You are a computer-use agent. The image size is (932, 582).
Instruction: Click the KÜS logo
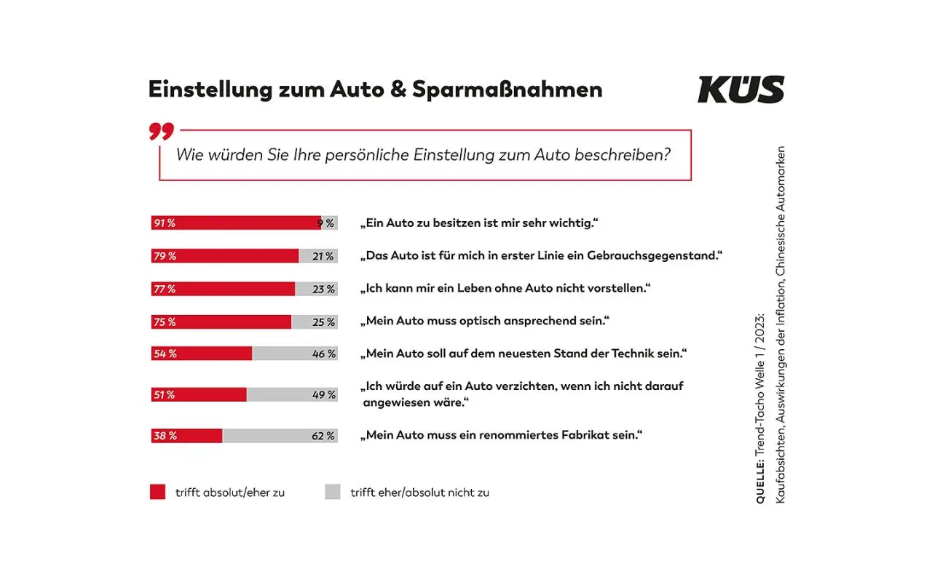coord(741,89)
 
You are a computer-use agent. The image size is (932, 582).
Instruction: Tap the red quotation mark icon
coord(162,132)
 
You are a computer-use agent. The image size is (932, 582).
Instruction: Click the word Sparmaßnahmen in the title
coord(508,89)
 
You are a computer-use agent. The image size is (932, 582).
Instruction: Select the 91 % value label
coord(164,223)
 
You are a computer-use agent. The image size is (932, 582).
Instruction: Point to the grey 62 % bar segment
coord(280,436)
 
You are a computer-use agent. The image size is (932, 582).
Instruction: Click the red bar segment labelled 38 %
coord(186,436)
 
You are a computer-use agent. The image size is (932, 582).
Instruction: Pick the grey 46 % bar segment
coord(294,354)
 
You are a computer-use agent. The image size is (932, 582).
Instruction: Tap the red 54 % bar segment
coord(202,354)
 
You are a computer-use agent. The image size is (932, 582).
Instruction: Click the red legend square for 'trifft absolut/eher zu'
coord(158,492)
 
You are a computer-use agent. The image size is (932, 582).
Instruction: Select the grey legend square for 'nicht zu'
coord(333,492)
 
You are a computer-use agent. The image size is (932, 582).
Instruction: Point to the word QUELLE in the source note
coord(760,482)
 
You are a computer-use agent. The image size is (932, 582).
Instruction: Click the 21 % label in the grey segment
coord(323,256)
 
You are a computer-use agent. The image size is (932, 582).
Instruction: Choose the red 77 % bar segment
coord(223,289)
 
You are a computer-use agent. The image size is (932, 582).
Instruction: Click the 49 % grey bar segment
coord(291,394)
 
